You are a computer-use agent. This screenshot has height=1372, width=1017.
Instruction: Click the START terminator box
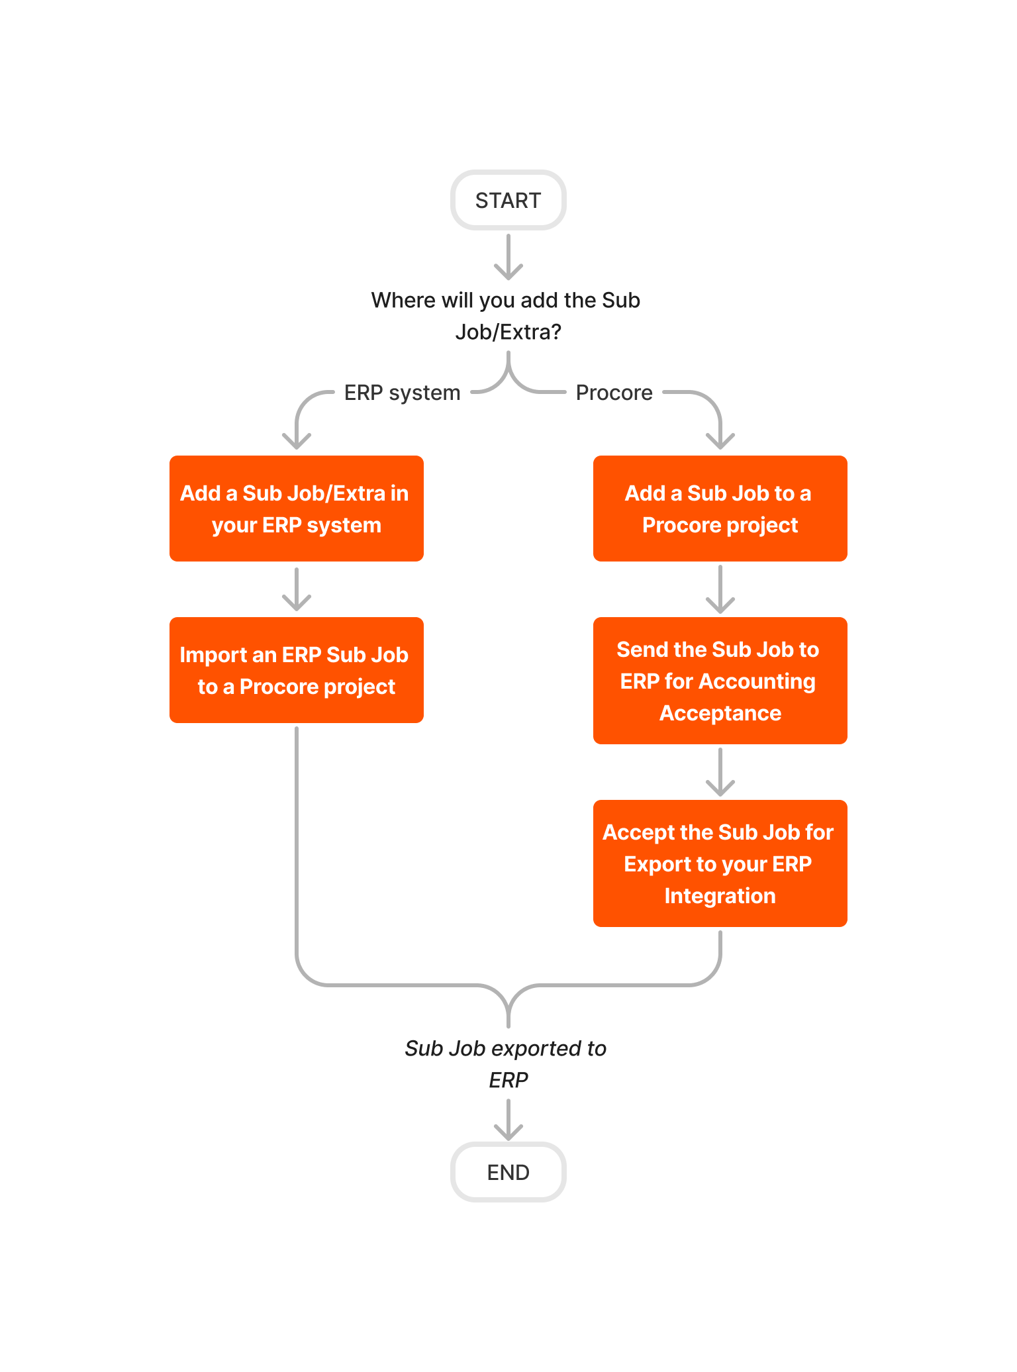coord(508,200)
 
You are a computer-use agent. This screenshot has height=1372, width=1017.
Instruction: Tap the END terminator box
coord(508,1172)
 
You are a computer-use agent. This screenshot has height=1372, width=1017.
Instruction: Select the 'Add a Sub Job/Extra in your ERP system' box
coord(296,509)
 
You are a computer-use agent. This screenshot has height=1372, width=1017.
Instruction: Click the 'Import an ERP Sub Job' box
coord(296,670)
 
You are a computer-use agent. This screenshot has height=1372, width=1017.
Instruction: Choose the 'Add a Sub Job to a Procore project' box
coord(720,509)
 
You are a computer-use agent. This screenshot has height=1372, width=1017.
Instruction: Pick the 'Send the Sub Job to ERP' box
coord(720,681)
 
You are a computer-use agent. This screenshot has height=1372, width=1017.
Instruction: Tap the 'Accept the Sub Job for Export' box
coord(720,863)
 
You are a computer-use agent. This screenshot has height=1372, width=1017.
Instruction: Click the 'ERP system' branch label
coord(402,393)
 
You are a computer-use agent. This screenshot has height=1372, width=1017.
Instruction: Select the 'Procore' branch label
coord(614,393)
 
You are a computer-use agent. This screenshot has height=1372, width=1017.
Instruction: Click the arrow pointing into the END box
coord(508,1120)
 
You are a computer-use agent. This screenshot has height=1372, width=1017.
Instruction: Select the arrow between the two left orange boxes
coord(297,589)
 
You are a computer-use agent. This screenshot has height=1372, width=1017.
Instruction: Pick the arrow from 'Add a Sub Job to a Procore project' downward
coord(720,589)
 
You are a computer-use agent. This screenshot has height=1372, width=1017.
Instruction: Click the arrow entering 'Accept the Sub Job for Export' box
coord(720,772)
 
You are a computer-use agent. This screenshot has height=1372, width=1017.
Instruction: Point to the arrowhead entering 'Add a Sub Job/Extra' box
coord(297,440)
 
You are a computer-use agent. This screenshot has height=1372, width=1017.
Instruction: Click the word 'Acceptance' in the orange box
coord(720,713)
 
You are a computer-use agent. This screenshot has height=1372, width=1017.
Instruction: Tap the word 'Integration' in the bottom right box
coord(720,896)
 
